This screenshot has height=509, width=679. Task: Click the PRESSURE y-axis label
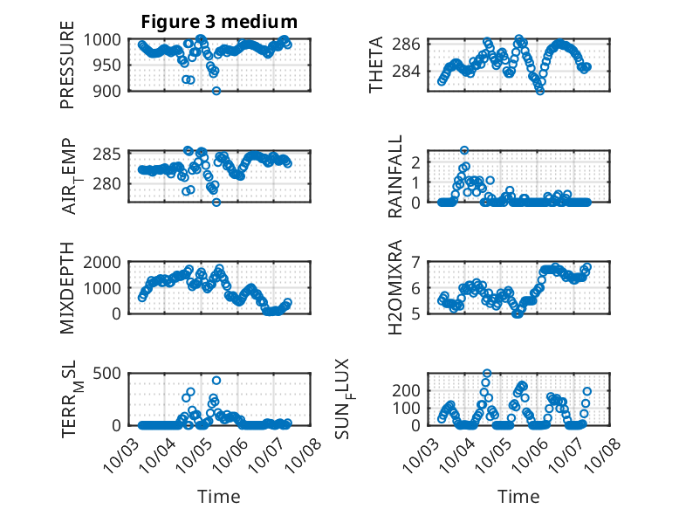(x=67, y=72)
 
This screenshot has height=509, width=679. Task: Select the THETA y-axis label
(x=375, y=65)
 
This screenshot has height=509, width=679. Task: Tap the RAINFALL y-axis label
(x=395, y=176)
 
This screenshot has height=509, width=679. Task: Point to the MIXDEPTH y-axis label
(x=67, y=288)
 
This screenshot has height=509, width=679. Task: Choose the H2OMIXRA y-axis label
(x=395, y=288)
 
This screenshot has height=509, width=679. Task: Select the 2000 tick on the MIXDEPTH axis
(x=107, y=261)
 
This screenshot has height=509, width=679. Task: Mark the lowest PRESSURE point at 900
(x=216, y=91)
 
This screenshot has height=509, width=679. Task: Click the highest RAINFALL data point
(x=464, y=150)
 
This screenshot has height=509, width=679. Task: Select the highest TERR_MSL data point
(x=216, y=380)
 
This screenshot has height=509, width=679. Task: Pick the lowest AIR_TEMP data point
(x=216, y=202)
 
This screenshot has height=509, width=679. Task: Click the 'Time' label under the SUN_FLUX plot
(x=518, y=496)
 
